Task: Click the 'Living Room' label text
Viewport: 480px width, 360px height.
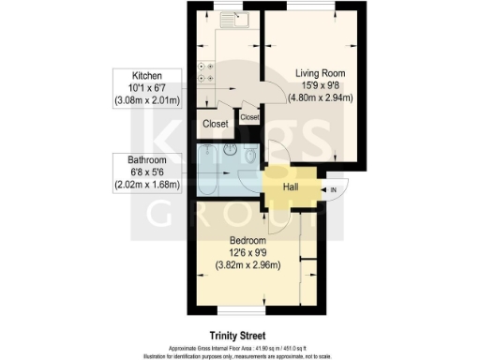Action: coord(317,72)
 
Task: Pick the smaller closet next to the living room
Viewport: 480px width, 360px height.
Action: coord(249,118)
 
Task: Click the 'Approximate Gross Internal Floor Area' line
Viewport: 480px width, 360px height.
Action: coord(239,345)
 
